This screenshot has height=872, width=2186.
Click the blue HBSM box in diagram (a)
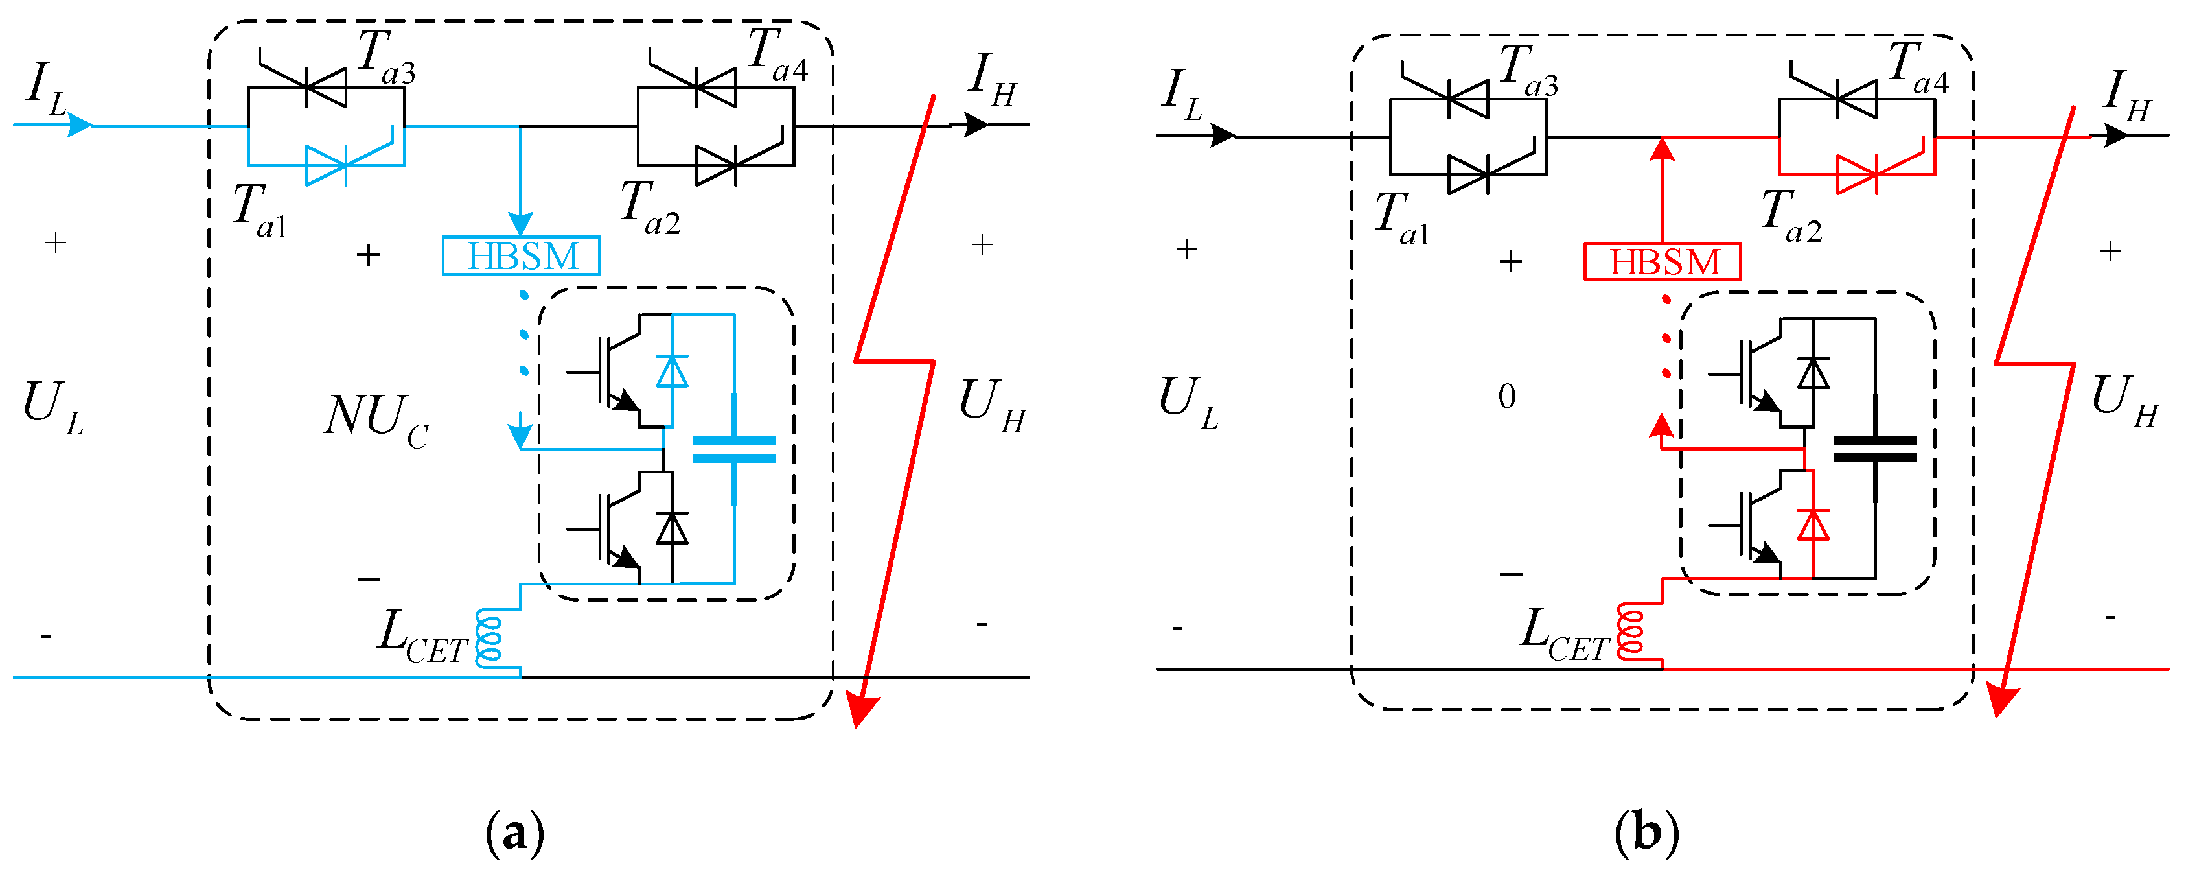pyautogui.click(x=520, y=255)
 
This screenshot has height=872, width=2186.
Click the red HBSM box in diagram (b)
pyautogui.click(x=1662, y=261)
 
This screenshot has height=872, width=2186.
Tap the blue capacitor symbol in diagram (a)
pyautogui.click(x=734, y=449)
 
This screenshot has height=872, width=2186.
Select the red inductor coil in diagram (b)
pyautogui.click(x=1630, y=631)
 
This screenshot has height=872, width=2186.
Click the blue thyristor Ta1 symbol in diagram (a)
pyautogui.click(x=327, y=165)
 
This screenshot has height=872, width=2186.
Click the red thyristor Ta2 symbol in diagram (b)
pyautogui.click(x=1858, y=174)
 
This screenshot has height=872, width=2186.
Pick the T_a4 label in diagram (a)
pyautogui.click(x=776, y=55)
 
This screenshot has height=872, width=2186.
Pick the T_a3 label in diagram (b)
pyautogui.click(x=1528, y=69)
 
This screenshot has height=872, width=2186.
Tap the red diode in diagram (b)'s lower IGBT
pyautogui.click(x=1813, y=524)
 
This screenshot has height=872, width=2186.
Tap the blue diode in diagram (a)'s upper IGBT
pyautogui.click(x=672, y=371)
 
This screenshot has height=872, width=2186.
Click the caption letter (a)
pyautogui.click(x=514, y=834)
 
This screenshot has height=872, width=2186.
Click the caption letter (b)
pyautogui.click(x=1646, y=834)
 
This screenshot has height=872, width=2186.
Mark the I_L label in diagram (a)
pyautogui.click(x=46, y=88)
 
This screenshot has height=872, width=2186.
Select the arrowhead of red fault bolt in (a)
pyautogui.click(x=863, y=709)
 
